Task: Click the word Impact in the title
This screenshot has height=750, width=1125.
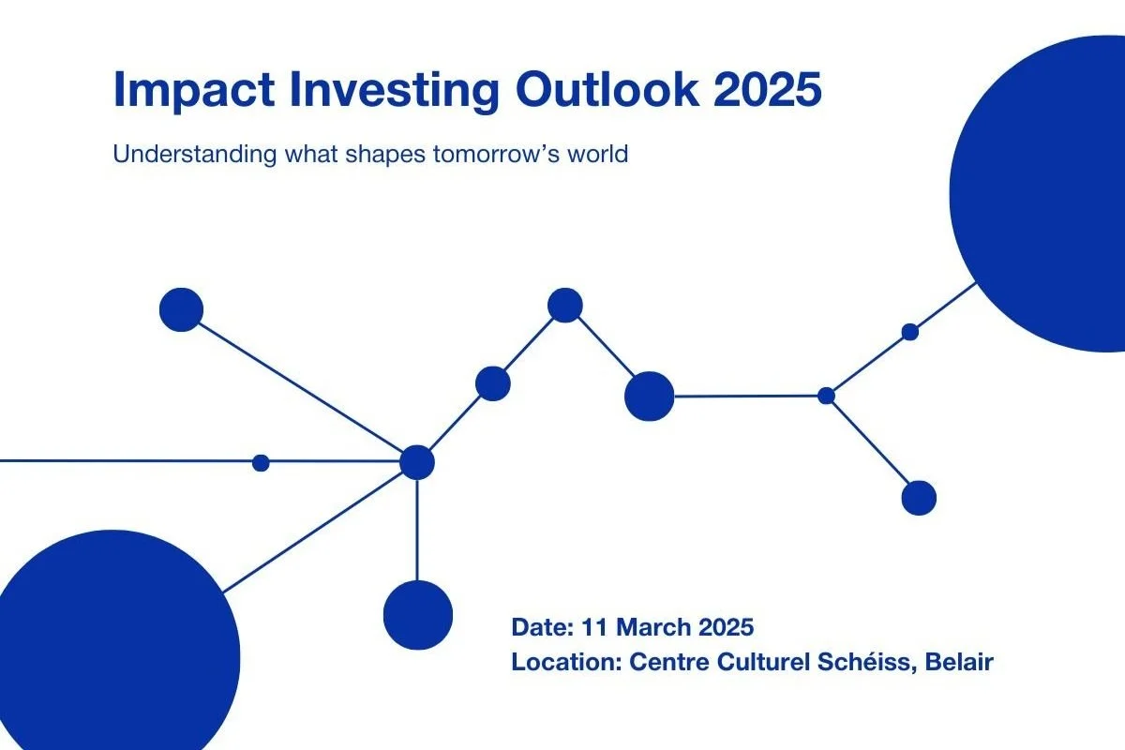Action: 194,90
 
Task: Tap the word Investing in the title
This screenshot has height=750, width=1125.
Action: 395,91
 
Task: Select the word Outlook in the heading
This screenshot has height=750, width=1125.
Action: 607,89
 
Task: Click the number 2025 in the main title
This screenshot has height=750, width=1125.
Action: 768,89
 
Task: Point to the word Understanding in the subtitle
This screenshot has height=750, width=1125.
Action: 194,155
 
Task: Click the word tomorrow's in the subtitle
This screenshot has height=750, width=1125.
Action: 496,155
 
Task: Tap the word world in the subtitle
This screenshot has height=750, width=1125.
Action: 598,154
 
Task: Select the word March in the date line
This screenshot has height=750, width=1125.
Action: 653,627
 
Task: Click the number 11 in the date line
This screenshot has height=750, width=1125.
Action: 594,627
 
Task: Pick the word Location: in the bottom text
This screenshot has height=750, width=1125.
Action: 567,662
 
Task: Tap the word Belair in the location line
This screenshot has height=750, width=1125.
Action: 959,662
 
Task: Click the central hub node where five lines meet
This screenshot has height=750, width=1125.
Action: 417,462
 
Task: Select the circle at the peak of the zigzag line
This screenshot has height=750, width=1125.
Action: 565,305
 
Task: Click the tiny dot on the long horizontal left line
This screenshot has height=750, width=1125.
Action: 261,463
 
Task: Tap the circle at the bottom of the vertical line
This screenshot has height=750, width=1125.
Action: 418,615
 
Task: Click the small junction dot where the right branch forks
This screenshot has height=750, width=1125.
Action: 826,396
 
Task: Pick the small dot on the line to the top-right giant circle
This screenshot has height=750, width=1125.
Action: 910,332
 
